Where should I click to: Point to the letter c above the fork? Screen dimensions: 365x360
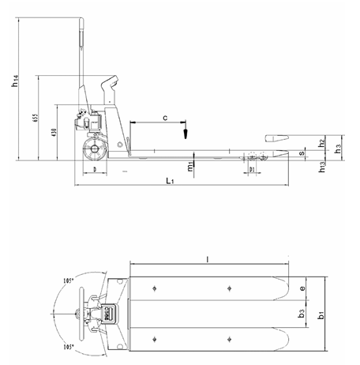[164, 117]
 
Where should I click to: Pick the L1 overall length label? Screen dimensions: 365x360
[171, 182]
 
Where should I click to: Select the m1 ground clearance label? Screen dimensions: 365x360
[190, 167]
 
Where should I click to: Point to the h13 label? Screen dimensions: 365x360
[321, 167]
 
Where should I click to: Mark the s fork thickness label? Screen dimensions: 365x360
[302, 153]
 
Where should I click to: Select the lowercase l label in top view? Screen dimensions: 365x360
[207, 258]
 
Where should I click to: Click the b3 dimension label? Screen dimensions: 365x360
[302, 314]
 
